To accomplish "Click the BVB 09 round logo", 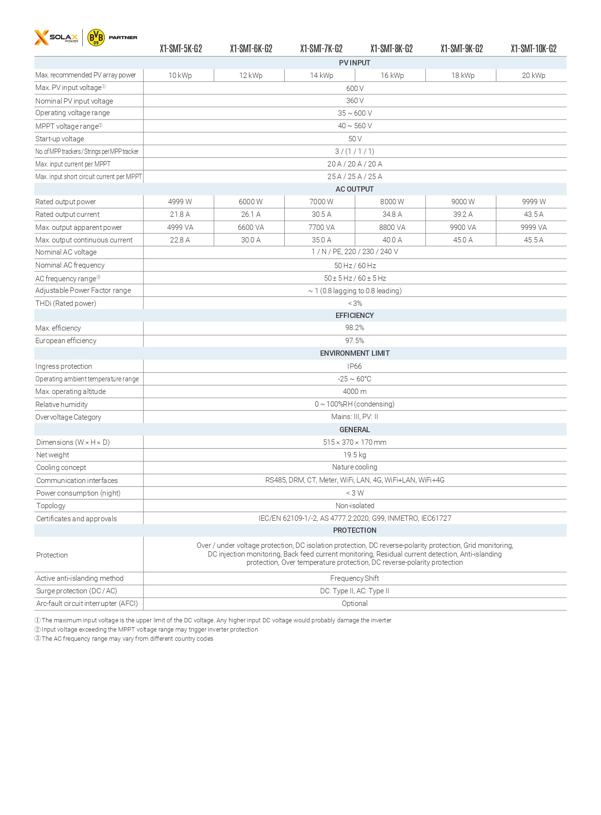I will [96, 37].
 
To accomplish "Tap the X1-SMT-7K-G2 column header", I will [321, 49].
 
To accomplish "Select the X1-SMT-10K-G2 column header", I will [533, 49].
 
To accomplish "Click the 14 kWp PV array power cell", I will [322, 75].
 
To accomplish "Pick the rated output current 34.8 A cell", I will [392, 214].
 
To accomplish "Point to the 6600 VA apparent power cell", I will [251, 227].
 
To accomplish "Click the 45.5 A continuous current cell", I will [533, 240].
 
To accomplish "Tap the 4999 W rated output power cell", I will [180, 202].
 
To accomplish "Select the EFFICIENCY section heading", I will [354, 316].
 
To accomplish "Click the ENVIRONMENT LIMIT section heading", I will [354, 353].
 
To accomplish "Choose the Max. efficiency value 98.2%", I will [354, 328].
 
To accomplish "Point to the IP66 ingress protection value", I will [354, 366].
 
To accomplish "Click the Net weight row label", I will [53, 455].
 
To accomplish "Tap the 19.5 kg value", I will [354, 455].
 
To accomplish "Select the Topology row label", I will [51, 506].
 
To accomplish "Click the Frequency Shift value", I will [354, 578].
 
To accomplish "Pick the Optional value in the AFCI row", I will [354, 604].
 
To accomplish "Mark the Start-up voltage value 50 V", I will [354, 139].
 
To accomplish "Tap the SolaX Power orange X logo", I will [42, 37].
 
